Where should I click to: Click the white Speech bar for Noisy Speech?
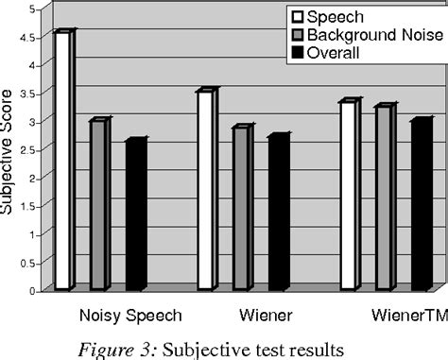62,161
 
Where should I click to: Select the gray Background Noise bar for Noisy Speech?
99,205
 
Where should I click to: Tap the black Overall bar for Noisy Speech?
135,215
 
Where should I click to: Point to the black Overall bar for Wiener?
278,214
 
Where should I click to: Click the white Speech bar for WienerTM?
349,196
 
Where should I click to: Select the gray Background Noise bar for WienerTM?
385,198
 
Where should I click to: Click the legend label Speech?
333,16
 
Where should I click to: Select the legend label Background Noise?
367,35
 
